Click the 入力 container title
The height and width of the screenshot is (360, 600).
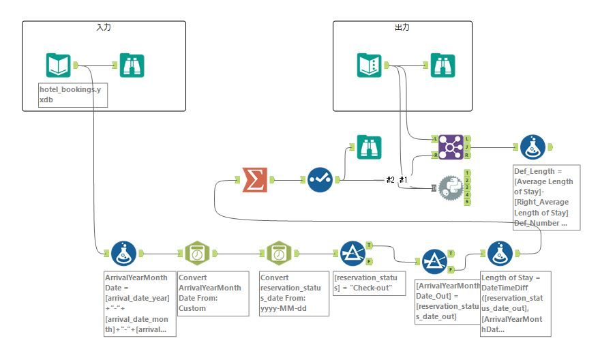[x=104, y=27]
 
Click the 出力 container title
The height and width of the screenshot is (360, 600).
[x=402, y=27]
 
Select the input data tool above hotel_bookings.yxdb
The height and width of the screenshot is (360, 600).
[x=59, y=65]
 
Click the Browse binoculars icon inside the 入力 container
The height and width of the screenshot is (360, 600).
[x=132, y=65]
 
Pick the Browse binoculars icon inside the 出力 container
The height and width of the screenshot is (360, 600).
[x=442, y=65]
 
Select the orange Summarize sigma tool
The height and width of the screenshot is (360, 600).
[x=255, y=180]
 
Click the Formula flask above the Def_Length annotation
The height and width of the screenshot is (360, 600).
[x=532, y=147]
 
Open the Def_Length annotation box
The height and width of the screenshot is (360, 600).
[x=546, y=197]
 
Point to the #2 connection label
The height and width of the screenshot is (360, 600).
[x=390, y=179]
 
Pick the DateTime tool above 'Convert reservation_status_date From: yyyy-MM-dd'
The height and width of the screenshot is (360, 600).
[x=278, y=254]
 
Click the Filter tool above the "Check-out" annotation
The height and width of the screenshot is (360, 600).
[x=352, y=254]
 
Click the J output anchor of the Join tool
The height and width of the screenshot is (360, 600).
[x=468, y=146]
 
